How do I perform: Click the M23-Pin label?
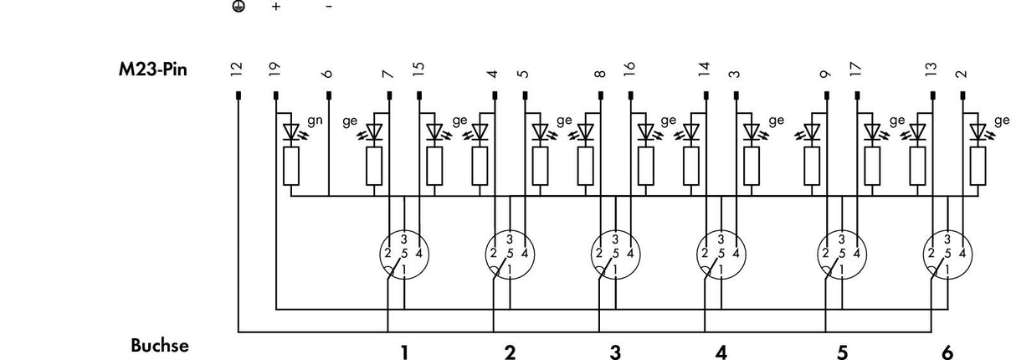tap(152, 70)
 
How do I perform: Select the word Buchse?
tap(160, 346)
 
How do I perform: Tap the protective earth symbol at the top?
tap(239, 7)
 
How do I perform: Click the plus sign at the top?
tap(276, 7)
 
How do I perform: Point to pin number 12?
tap(236, 69)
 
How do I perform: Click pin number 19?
tap(275, 69)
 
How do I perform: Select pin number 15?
tap(418, 69)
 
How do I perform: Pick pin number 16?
tap(629, 69)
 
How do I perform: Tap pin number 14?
tap(705, 69)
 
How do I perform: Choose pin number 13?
tap(931, 69)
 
